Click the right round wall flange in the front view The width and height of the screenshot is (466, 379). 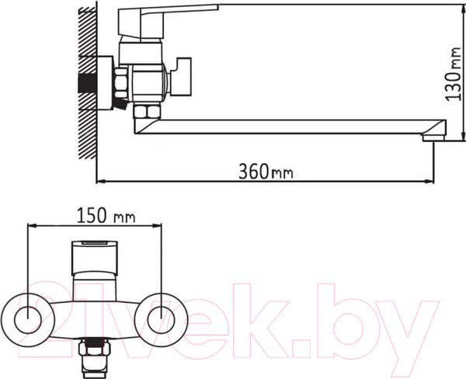pyautogui.click(x=162, y=316)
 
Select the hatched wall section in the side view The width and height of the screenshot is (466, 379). pyautogui.click(x=88, y=85)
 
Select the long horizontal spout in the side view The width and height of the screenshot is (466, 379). pyautogui.click(x=295, y=126)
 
